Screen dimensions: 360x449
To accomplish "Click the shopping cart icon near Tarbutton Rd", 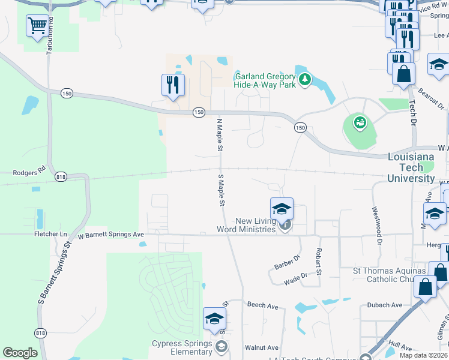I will point(37,26).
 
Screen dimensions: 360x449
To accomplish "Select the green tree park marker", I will point(305,79).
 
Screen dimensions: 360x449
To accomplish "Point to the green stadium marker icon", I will point(360,123).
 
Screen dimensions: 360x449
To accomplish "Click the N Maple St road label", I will point(220,134).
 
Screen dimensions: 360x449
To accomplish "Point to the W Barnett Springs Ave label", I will point(111,234).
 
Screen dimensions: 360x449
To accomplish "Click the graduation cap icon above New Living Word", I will point(282,209).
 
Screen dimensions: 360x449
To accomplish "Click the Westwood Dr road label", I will point(377,226).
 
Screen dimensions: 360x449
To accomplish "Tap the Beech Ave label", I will point(262,305).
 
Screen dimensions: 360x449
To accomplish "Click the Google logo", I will point(20,353).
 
